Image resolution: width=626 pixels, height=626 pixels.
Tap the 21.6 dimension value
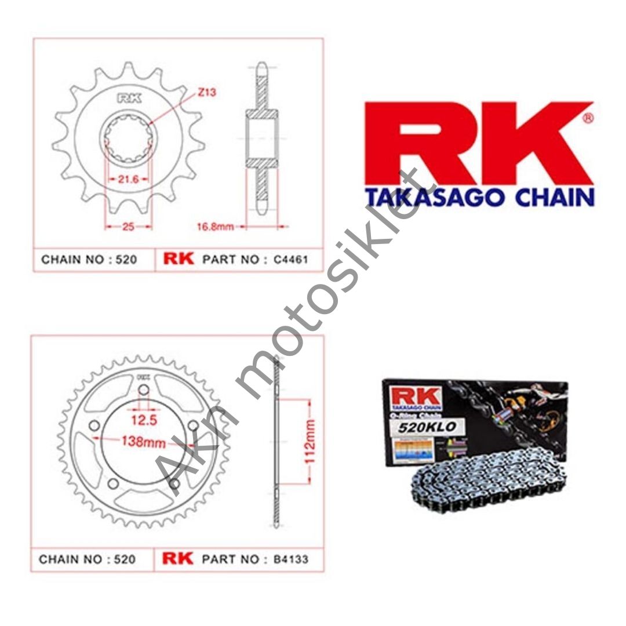click(128, 179)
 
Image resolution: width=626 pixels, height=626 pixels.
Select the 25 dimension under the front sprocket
click(128, 227)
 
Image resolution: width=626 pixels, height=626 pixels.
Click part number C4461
click(290, 260)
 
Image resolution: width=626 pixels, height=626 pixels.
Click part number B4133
click(290, 559)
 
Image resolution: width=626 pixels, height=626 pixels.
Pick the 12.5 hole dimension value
click(143, 420)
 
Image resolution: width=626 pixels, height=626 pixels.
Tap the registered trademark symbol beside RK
click(587, 119)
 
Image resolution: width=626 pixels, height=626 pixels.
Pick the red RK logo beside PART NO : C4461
click(179, 259)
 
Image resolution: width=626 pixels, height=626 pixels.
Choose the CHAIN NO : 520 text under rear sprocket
click(88, 559)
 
